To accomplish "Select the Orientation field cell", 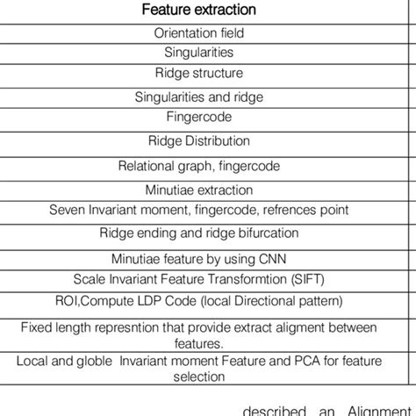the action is coord(199,33).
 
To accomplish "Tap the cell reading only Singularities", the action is coord(199,53).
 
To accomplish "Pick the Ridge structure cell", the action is coord(199,72).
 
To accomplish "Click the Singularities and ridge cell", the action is coord(199,97).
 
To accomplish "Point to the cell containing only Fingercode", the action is coord(199,116).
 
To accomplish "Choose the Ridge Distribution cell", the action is coord(199,140).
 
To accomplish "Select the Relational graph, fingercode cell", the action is coord(199,165).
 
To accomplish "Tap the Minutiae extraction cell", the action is coord(199,189).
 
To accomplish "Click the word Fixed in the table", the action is coord(36,327).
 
